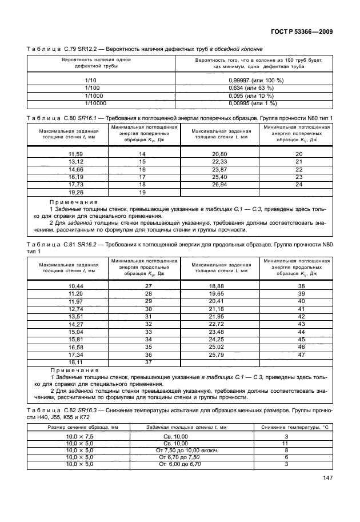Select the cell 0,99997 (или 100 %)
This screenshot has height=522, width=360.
255,81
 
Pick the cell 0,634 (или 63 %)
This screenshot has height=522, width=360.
255,88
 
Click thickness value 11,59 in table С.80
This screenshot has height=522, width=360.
76,154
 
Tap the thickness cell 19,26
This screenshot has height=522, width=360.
76,193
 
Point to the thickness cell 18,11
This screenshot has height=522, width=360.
76,362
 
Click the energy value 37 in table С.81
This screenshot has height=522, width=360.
149,362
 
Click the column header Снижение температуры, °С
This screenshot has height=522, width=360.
294,427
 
